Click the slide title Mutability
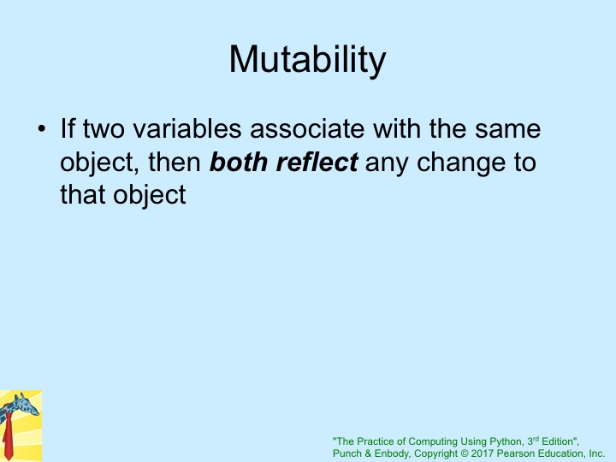[308, 60]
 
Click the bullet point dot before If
[42, 128]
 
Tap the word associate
[307, 129]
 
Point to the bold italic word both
[239, 162]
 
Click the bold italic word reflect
[317, 162]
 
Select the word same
[507, 129]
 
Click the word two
[104, 129]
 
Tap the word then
[175, 162]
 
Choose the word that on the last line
[83, 194]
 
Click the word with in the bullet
[397, 128]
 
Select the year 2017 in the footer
[483, 453]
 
